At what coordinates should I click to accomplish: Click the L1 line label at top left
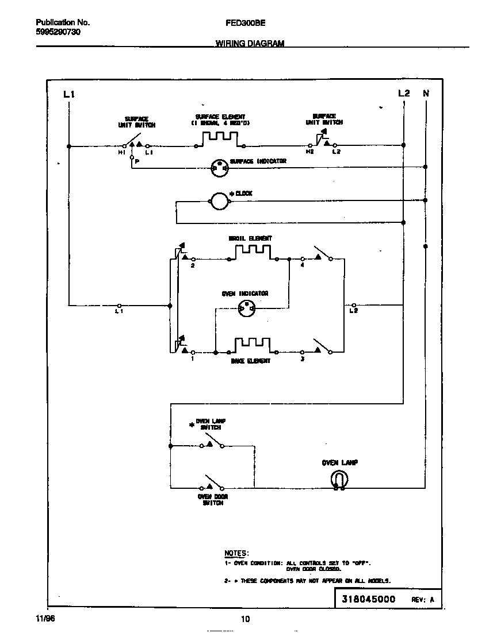pos(68,94)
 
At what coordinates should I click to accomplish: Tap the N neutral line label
pos(426,93)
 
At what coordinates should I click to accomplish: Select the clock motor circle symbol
pos(219,201)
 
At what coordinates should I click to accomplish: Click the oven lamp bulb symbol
pos(339,480)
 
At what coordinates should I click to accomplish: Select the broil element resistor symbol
pos(253,252)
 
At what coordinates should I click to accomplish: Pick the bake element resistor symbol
pos(252,345)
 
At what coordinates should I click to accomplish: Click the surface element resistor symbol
pos(220,139)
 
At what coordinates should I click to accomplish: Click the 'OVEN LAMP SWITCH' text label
pos(211,424)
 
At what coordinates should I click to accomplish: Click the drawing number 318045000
pos(369,599)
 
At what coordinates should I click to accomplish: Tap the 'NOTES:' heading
pos(236,553)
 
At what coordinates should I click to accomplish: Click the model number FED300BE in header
pos(241,23)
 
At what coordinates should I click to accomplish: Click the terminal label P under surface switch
pos(136,162)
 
